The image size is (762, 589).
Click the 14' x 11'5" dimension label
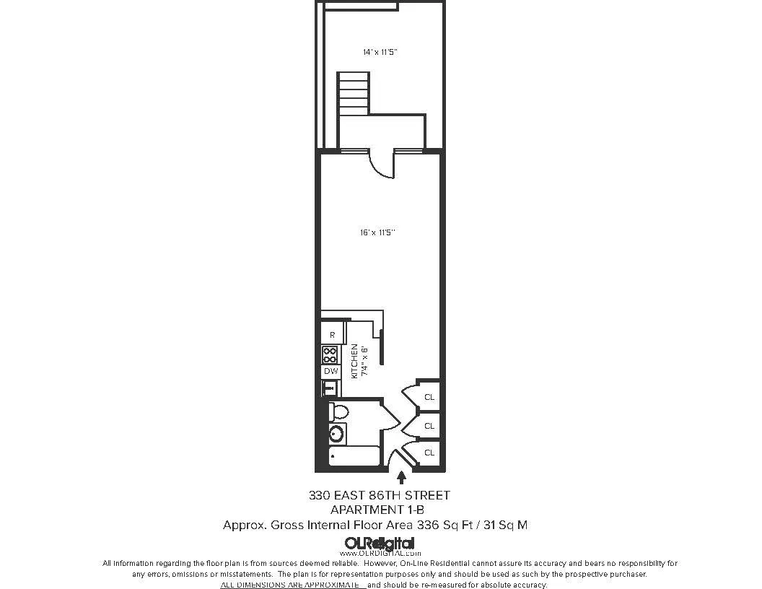tap(380, 52)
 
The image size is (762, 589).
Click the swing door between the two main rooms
tap(381, 164)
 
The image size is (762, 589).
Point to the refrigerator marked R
tap(331, 335)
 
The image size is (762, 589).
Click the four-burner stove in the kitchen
tap(330, 354)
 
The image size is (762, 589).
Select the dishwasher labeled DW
tap(330, 371)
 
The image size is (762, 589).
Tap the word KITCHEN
tap(354, 361)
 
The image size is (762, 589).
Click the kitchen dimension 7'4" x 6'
tap(365, 361)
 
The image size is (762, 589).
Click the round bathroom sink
tap(336, 435)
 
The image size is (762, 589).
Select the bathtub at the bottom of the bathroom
tap(354, 457)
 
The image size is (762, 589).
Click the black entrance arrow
tap(402, 476)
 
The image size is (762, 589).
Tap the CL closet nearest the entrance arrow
tap(429, 453)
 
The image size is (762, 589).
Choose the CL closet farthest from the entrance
tap(429, 397)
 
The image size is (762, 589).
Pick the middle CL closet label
tap(429, 426)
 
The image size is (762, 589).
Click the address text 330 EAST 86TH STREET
tap(380, 496)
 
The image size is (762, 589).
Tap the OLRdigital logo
tap(380, 544)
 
